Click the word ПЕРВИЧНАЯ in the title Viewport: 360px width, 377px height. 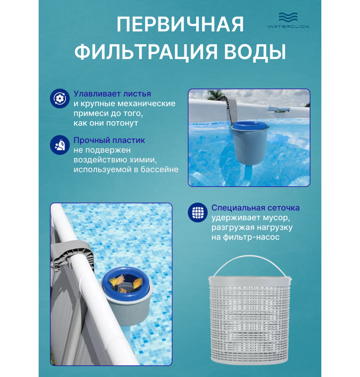(180, 25)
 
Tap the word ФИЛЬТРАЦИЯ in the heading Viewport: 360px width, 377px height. (146, 51)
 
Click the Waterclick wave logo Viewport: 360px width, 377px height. (288, 20)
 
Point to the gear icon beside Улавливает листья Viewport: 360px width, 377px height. (60, 98)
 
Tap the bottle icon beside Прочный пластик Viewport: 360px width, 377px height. (60, 145)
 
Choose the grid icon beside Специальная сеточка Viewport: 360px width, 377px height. (197, 213)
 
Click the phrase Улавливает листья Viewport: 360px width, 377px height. (112, 93)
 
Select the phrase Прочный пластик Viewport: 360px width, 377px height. (109, 140)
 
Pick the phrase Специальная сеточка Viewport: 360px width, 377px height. (255, 208)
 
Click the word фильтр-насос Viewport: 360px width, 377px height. (251, 238)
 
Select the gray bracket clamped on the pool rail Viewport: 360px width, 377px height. (72, 255)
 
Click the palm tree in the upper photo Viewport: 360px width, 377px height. (215, 95)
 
